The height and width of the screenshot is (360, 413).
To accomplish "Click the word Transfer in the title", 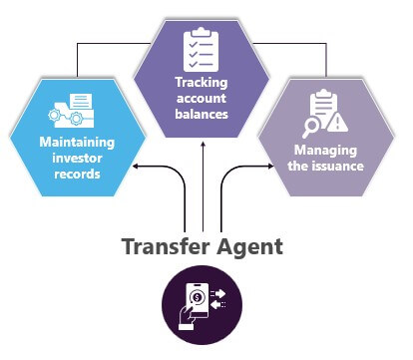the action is [x=167, y=246].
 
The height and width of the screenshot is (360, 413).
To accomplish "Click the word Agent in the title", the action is [x=250, y=247].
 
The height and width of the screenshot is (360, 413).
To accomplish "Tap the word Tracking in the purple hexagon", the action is [x=202, y=83].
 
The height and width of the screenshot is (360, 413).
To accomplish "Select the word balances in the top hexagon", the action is [x=202, y=114].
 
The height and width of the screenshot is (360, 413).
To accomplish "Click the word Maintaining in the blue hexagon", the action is [x=77, y=143].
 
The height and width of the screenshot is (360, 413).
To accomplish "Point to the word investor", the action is [x=77, y=159].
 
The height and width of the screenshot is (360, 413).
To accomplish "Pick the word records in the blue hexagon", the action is [x=77, y=175].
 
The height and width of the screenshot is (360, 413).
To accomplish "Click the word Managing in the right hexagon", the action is [x=326, y=151].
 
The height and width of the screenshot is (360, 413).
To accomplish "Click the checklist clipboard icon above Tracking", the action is [x=202, y=50].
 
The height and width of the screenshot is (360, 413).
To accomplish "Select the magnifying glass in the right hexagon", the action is [x=310, y=129].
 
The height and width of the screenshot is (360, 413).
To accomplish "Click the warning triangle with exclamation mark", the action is [x=337, y=123].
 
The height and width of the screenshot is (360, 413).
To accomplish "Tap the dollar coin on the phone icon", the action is [x=197, y=297].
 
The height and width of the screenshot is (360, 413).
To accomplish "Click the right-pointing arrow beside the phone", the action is [x=218, y=293].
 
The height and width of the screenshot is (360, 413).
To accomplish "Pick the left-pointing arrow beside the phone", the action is [x=218, y=304].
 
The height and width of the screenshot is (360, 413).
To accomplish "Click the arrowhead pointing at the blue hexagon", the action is [x=136, y=166].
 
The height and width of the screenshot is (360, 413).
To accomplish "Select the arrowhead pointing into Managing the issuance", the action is [x=270, y=166].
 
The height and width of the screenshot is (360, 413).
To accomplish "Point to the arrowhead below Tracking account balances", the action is [x=203, y=144].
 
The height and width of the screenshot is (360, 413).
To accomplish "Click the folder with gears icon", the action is [x=71, y=111].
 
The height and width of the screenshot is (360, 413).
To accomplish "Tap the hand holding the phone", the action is [x=187, y=317].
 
